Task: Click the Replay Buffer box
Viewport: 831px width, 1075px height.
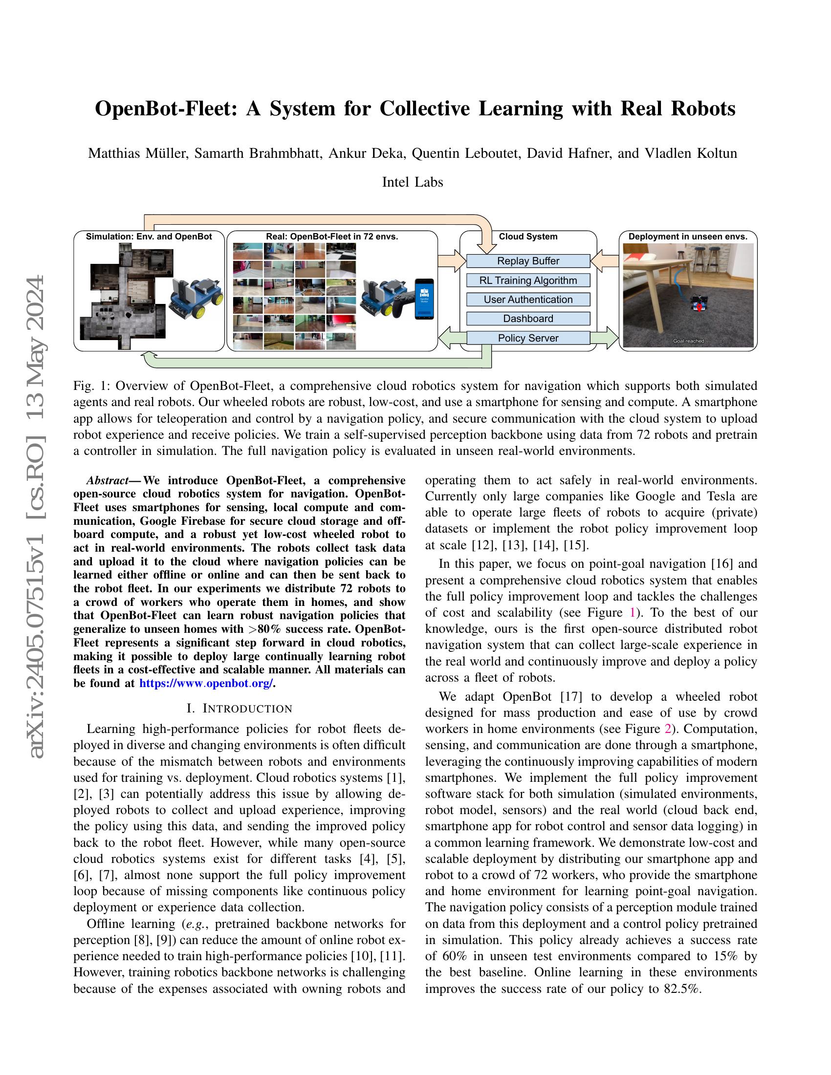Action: click(x=528, y=261)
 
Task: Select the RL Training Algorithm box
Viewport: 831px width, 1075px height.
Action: click(x=528, y=280)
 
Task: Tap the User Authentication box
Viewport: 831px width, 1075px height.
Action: click(x=528, y=299)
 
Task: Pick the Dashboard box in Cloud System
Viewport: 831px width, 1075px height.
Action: click(x=528, y=319)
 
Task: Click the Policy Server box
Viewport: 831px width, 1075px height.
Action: click(x=528, y=338)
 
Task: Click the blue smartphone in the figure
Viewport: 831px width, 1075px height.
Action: click(x=424, y=299)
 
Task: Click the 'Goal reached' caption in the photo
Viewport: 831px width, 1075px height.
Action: click(x=688, y=341)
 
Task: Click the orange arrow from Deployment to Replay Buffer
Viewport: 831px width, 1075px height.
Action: click(x=605, y=261)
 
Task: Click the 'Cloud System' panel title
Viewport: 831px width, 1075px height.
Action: click(x=528, y=236)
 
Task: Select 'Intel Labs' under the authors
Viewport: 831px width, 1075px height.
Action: click(x=413, y=182)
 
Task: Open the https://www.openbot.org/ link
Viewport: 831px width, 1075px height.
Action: click(x=206, y=684)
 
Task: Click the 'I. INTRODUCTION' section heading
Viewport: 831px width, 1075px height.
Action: click(x=240, y=709)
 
